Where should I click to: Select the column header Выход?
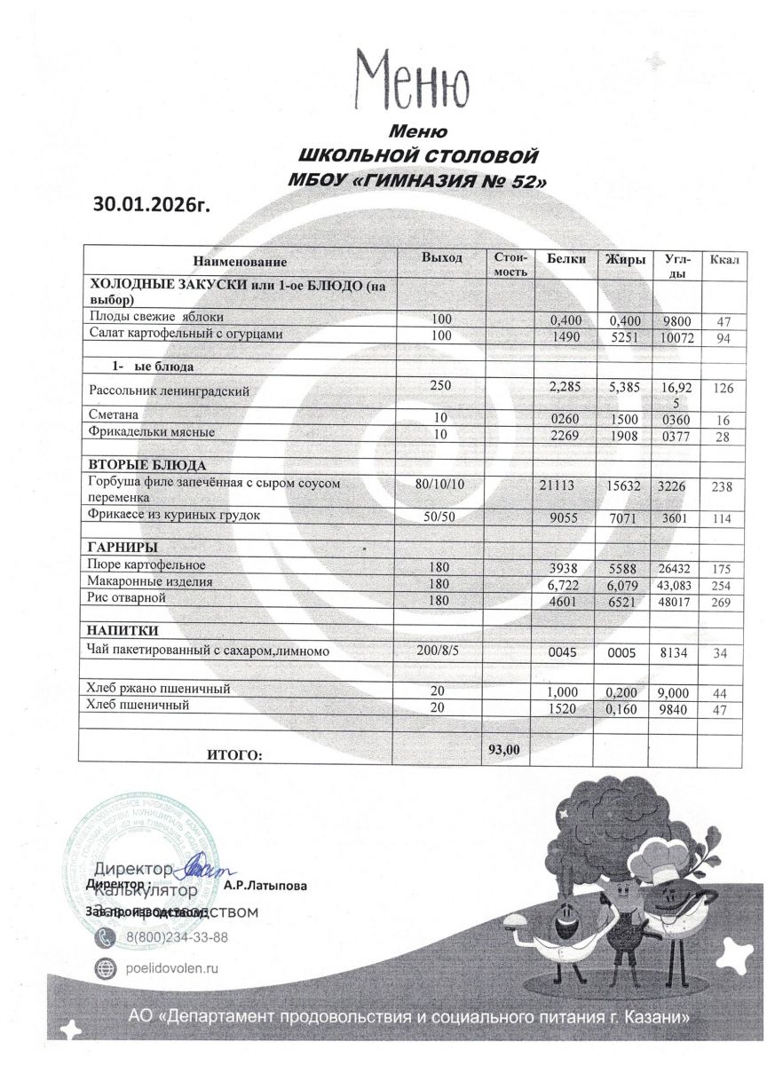441,257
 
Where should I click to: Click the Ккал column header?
724,259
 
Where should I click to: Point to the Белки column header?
565,259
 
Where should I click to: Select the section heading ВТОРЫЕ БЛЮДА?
147,466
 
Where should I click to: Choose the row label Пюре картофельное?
146,564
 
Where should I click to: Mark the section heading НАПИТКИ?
123,631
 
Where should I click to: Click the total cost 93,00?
504,750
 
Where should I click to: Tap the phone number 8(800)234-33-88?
177,937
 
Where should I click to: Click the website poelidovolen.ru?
176,969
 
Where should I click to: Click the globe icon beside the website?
105,969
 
